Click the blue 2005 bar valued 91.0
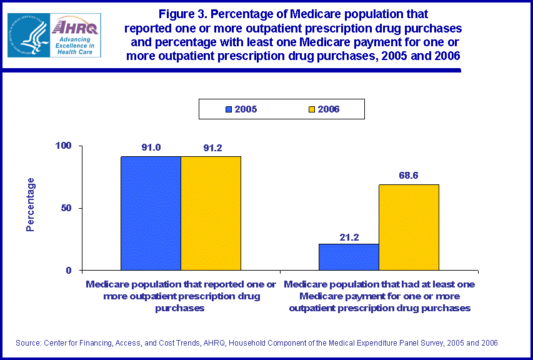pyautogui.click(x=151, y=213)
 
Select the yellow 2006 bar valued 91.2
pyautogui.click(x=211, y=213)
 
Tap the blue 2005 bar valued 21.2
pyautogui.click(x=349, y=257)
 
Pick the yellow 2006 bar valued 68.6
pyautogui.click(x=409, y=227)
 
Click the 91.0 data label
pyautogui.click(x=151, y=149)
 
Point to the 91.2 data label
pyautogui.click(x=211, y=149)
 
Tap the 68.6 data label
pyautogui.click(x=409, y=176)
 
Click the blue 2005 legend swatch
pyautogui.click(x=229, y=109)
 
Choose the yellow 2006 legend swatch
pyautogui.click(x=311, y=109)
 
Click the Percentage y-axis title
pyautogui.click(x=31, y=204)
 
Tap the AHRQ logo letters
pyautogui.click(x=73, y=26)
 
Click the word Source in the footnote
pyautogui.click(x=29, y=343)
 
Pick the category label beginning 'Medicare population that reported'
pyautogui.click(x=181, y=296)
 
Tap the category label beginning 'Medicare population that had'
pyautogui.click(x=379, y=296)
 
